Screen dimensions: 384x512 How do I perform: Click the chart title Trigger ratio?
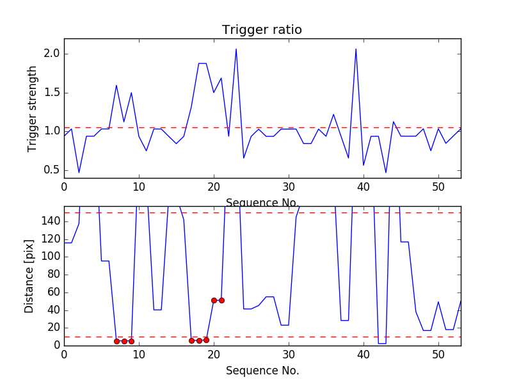point(262,30)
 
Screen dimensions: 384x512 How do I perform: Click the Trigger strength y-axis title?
point(33,108)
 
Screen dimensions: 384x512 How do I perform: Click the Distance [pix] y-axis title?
point(29,276)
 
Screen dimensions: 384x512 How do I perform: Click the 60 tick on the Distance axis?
point(52,292)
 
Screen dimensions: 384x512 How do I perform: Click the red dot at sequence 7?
point(116,341)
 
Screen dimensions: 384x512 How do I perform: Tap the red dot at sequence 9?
point(131,341)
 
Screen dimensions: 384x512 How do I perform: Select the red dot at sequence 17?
point(191,340)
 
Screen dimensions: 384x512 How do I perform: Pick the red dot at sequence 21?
point(221,300)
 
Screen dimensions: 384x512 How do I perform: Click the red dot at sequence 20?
point(214,300)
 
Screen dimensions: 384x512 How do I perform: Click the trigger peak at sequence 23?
point(236,49)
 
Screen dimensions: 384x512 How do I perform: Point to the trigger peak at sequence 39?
point(356,49)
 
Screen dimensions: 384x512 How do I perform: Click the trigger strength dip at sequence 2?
point(79,172)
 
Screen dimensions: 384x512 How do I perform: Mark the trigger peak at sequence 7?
point(116,85)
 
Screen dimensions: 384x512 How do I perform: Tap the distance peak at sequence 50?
point(438,302)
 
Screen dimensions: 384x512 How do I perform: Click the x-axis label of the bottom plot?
point(262,371)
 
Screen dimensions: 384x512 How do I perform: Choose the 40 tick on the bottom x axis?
point(364,354)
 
